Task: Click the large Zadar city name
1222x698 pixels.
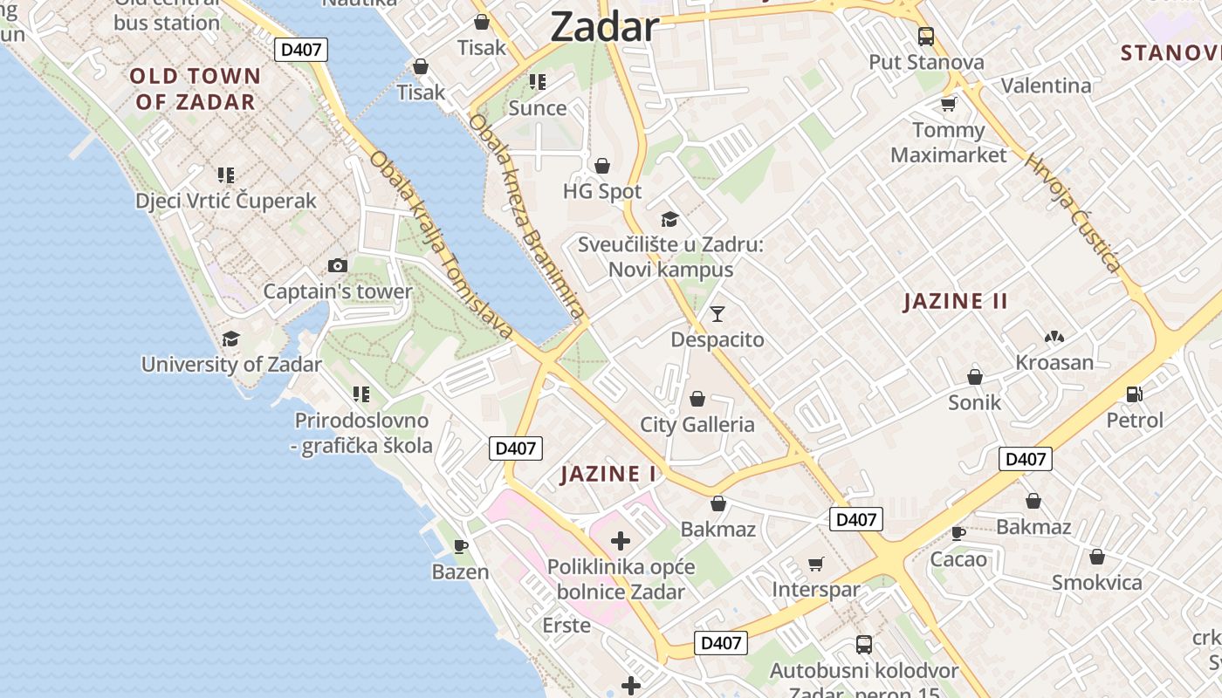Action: (604, 28)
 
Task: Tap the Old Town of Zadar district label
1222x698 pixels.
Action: (196, 89)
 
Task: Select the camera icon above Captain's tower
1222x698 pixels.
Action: (337, 265)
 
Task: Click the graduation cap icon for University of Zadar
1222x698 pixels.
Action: (230, 339)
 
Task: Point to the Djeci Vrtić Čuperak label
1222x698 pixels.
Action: (226, 201)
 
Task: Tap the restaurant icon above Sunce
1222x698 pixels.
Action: (538, 82)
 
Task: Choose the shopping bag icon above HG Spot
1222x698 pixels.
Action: (601, 166)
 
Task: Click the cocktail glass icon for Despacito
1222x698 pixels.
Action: (717, 314)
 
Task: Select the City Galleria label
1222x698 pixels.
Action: (697, 425)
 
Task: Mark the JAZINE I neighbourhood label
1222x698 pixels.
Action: (608, 475)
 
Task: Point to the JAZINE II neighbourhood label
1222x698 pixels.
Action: (956, 302)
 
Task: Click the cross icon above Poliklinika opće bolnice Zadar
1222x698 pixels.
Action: (621, 541)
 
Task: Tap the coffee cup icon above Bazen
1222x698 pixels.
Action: (461, 547)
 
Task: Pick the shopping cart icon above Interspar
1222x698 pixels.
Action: (816, 564)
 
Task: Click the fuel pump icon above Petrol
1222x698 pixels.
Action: (1135, 394)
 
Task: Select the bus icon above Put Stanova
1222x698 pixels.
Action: (926, 37)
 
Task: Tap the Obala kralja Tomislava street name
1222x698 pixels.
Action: (440, 245)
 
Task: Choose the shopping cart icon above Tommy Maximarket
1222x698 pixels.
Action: (948, 105)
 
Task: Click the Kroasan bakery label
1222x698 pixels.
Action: (1054, 362)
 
